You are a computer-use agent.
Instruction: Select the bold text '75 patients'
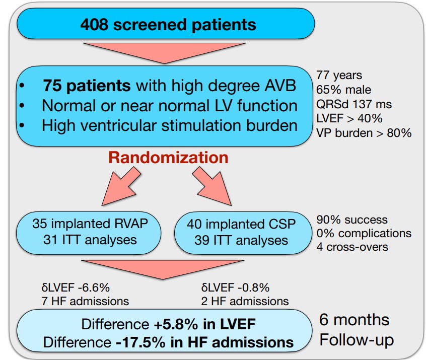tap(87, 86)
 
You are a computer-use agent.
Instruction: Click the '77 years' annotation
tap(338, 76)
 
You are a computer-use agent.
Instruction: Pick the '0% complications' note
tap(364, 234)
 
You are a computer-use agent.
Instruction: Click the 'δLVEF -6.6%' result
tap(76, 288)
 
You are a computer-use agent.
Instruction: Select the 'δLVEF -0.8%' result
tap(235, 288)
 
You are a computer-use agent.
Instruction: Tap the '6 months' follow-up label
tap(354, 320)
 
